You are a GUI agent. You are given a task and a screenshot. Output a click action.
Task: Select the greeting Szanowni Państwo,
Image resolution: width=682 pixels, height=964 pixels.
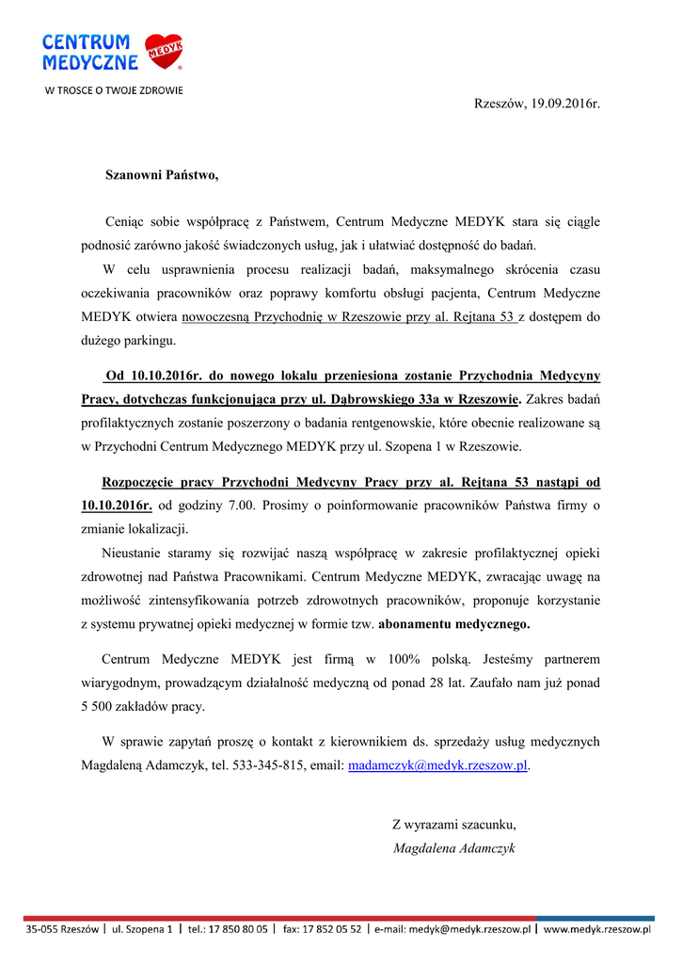coord(161,175)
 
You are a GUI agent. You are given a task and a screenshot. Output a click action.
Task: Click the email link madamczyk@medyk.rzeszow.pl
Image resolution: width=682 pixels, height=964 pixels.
coord(437,766)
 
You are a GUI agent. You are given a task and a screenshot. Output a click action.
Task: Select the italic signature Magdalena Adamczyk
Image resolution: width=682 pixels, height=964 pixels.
coord(454,848)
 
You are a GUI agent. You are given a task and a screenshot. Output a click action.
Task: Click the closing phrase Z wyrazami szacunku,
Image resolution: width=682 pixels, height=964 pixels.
coord(454,825)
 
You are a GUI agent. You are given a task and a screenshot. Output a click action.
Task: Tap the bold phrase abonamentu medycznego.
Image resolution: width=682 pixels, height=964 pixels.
coord(453,623)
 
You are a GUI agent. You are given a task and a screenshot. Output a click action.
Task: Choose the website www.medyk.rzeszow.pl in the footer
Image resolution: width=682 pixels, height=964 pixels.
coord(597,929)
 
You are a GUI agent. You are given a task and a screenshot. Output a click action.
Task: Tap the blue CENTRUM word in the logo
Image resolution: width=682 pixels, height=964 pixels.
coord(86,42)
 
